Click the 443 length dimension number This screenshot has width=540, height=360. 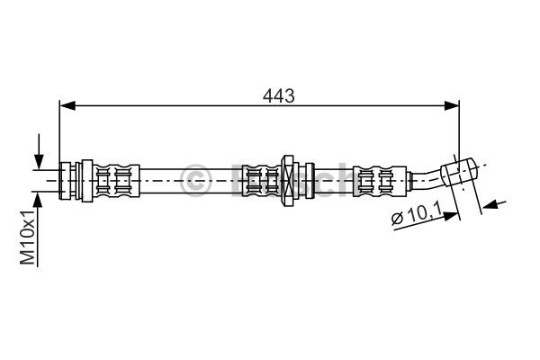[x=278, y=95]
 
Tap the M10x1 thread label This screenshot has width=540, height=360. [x=28, y=237]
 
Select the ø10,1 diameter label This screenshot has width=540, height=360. [x=417, y=214]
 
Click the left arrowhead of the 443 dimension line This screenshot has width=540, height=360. [x=67, y=106]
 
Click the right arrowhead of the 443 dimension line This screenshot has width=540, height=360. [x=452, y=106]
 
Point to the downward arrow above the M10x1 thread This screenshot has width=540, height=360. [x=40, y=151]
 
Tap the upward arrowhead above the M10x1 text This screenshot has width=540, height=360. [x=38, y=200]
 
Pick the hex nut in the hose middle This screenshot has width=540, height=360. [x=289, y=181]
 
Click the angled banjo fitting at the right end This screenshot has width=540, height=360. [x=459, y=172]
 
